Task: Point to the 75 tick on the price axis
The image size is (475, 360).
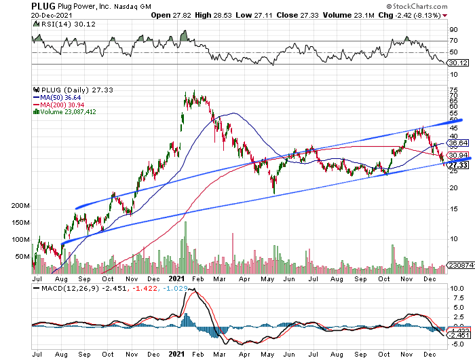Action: pyautogui.click(x=453, y=90)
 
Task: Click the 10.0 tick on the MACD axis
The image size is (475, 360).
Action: pyautogui.click(x=455, y=289)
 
